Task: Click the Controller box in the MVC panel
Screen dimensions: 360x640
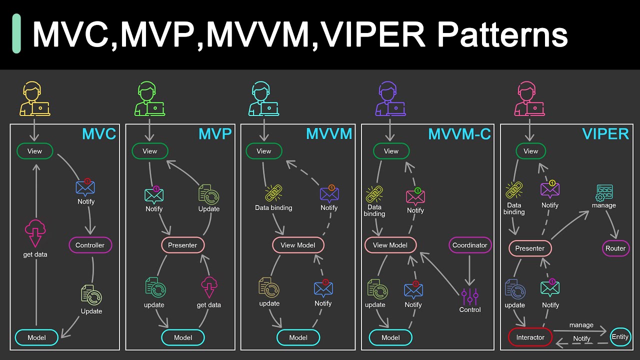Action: [90, 245]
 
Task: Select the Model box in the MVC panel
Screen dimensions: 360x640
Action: [37, 337]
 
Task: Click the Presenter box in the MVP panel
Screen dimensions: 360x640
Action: [182, 245]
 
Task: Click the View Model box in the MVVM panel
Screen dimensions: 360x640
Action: [298, 245]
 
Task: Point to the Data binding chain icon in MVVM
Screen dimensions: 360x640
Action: [273, 193]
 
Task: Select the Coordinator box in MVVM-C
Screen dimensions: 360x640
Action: [469, 245]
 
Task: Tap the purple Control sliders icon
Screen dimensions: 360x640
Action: [470, 296]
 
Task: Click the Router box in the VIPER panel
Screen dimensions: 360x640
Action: [615, 248]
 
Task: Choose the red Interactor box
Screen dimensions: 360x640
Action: [530, 337]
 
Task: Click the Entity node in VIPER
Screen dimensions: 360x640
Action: [620, 336]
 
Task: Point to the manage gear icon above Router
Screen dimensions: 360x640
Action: [604, 192]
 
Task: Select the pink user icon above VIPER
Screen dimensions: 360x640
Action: [528, 100]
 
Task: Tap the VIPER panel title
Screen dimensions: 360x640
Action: [605, 134]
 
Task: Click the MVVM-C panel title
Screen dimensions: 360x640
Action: [459, 134]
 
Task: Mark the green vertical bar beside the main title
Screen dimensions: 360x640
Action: [16, 33]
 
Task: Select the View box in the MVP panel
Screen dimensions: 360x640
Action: [150, 151]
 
